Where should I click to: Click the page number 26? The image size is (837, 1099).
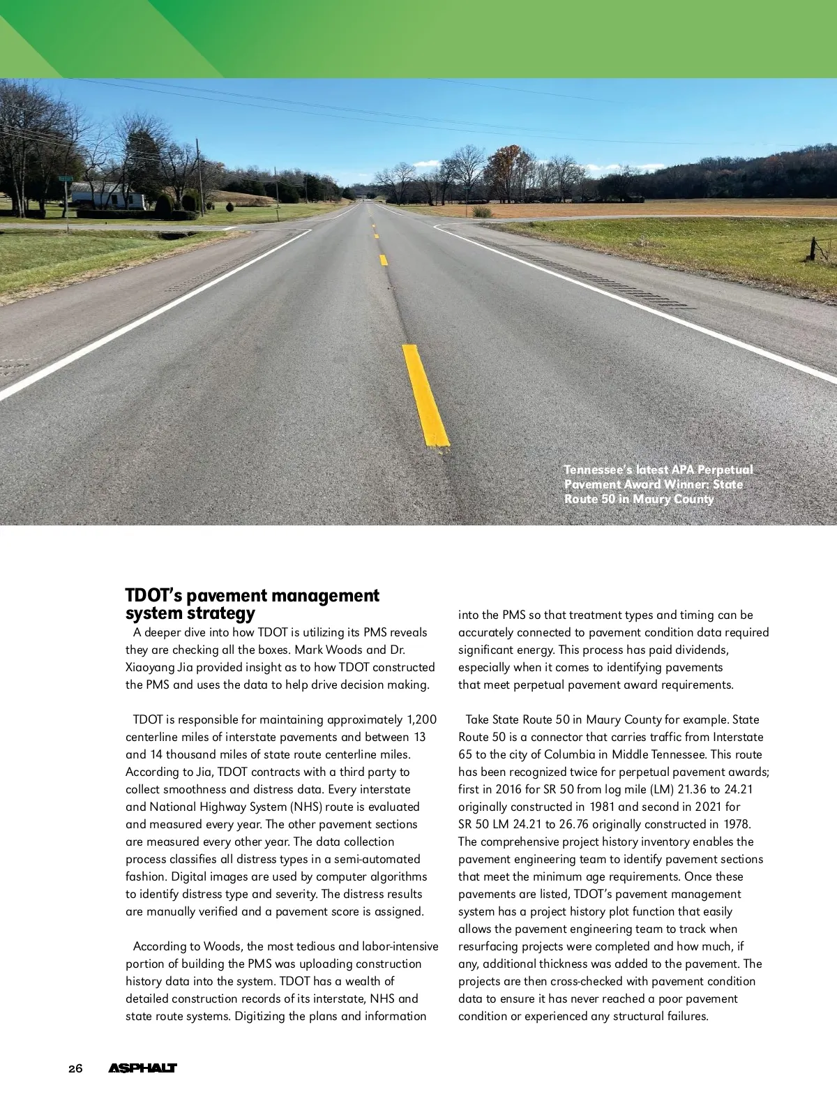pyautogui.click(x=75, y=1068)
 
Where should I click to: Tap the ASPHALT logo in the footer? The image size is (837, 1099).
pyautogui.click(x=142, y=1068)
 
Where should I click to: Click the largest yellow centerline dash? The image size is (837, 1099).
pyautogui.click(x=425, y=395)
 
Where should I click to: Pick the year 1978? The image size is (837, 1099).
pyautogui.click(x=737, y=824)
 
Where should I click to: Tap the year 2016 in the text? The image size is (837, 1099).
pyautogui.click(x=508, y=789)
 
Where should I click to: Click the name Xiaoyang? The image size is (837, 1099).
pyautogui.click(x=149, y=667)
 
